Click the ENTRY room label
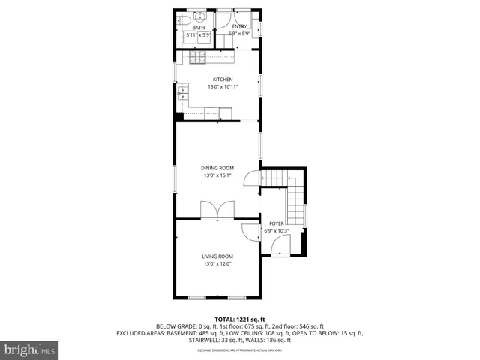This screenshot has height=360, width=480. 239,26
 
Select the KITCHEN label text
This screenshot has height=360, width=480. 223,79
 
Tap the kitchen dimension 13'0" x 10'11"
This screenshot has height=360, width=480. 223,87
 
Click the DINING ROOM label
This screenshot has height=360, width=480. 217,168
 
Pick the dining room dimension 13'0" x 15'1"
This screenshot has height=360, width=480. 217,175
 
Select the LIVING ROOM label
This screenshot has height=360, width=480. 217,256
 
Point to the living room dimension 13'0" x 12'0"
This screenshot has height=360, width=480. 217,264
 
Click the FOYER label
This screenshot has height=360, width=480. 277,223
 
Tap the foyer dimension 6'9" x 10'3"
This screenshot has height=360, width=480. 277,231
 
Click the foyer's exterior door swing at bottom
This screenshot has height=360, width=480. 280,244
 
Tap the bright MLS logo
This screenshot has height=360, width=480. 30,349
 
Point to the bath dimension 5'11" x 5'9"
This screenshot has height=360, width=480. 199,34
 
